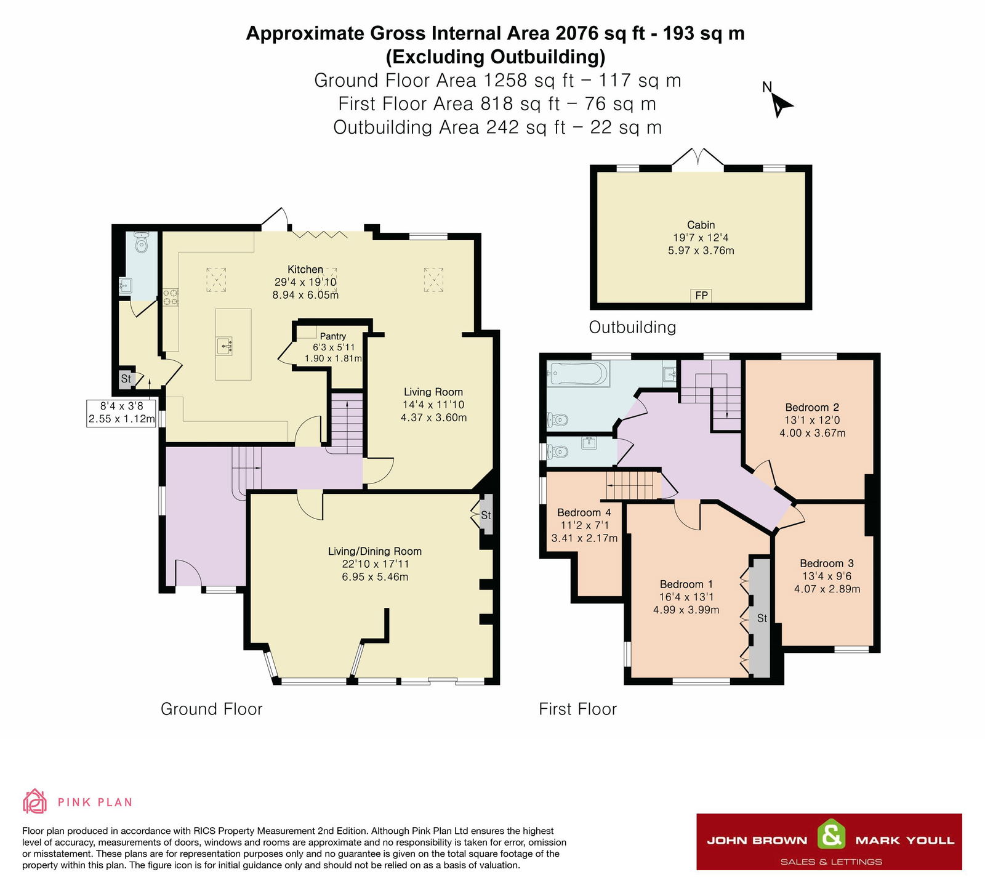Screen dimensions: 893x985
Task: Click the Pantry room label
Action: (x=333, y=336)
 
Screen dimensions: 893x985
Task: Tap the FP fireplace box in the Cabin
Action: (x=701, y=296)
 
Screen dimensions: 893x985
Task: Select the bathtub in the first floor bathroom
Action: (x=578, y=373)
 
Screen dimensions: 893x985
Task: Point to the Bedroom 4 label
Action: (x=584, y=512)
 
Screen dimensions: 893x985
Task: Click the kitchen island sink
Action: (x=225, y=345)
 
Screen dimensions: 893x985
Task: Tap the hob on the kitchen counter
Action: (x=171, y=297)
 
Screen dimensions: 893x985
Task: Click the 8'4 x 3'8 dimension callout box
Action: (x=122, y=413)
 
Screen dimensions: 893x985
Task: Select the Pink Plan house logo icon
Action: (x=34, y=802)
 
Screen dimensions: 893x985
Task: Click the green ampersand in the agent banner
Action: (x=831, y=836)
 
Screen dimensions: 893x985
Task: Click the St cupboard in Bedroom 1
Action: (x=762, y=618)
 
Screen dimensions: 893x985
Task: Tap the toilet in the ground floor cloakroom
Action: (x=142, y=243)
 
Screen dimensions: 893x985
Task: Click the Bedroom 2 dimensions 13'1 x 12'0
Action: (x=812, y=420)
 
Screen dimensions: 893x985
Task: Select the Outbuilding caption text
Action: (x=632, y=327)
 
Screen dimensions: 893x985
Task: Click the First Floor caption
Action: (x=577, y=709)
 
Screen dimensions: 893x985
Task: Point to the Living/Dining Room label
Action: (x=374, y=551)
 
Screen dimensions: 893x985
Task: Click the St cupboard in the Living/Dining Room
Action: (x=486, y=515)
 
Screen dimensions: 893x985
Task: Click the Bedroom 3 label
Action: (x=826, y=564)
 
